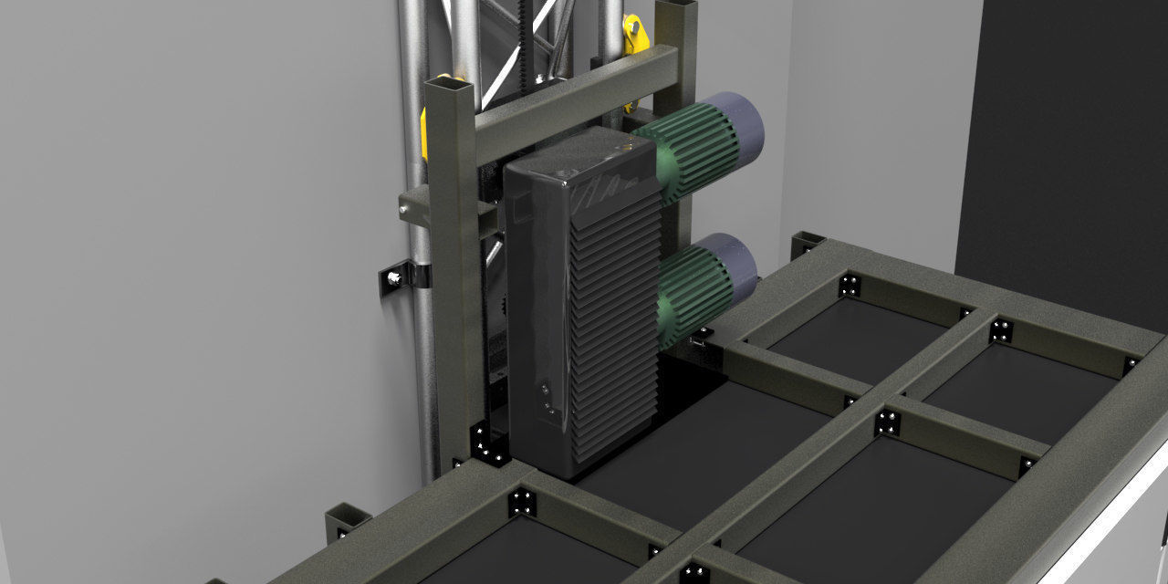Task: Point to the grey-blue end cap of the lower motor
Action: pos(734,265)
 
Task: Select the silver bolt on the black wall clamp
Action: pos(394,277)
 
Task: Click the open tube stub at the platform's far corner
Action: pos(806,244)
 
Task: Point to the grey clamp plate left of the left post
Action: pos(416,205)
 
